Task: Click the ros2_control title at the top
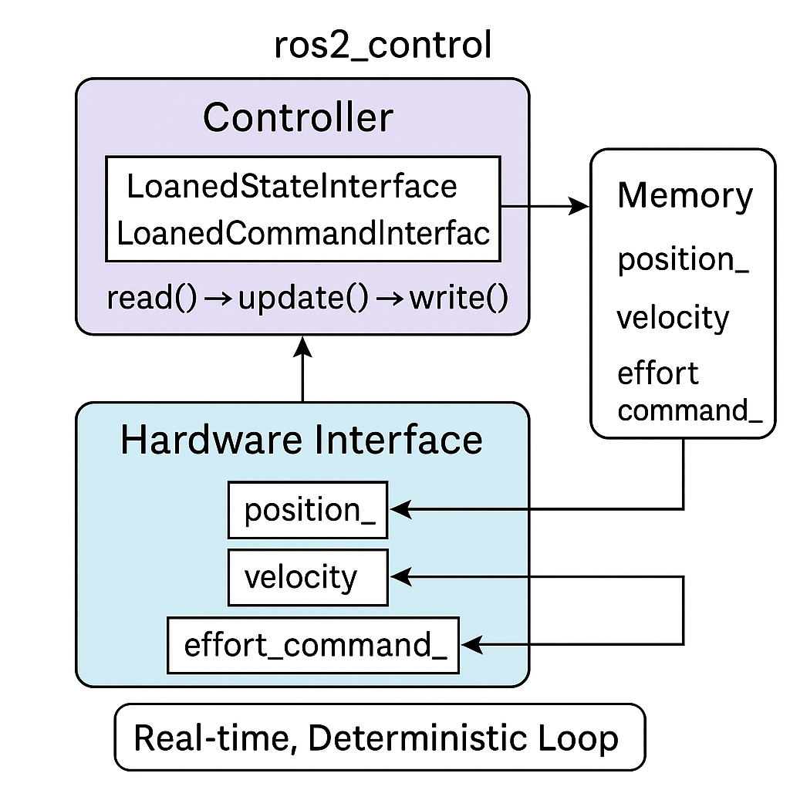(x=383, y=46)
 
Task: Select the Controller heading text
(x=298, y=118)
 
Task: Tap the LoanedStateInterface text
(x=292, y=187)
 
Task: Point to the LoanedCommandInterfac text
(x=303, y=232)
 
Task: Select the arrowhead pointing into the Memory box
(x=579, y=206)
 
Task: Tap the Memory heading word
(x=684, y=196)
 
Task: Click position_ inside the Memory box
(x=683, y=261)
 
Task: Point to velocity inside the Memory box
(x=673, y=317)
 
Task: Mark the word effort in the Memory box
(x=657, y=373)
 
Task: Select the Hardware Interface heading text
(x=302, y=441)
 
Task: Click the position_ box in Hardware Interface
(x=308, y=510)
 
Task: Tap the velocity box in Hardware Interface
(x=308, y=577)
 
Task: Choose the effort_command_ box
(x=313, y=644)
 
